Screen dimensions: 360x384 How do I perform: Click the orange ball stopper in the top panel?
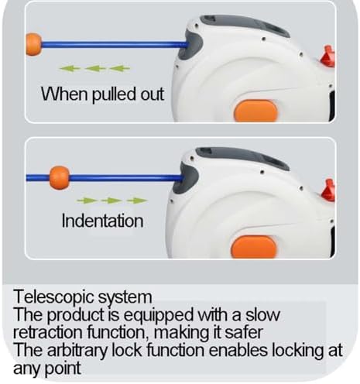pos(33,44)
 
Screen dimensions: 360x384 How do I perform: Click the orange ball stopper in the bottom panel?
pos(60,178)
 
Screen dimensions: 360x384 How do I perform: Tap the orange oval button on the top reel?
pos(255,111)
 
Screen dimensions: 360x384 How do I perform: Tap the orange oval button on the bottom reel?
pos(254,247)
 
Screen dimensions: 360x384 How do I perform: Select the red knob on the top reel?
pos(328,57)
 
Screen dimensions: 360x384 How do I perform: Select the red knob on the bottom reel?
pos(329,190)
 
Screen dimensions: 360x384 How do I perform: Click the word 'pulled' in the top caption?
pos(114,94)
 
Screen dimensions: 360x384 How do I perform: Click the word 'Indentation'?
pos(102,221)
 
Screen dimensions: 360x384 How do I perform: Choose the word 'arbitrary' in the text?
pos(77,351)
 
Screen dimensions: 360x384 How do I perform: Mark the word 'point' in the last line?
pos(63,369)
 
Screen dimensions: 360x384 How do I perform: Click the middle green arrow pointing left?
pos(95,68)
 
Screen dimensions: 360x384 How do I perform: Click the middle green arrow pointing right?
pos(111,201)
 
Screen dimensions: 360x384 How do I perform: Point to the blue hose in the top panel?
pos(115,45)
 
